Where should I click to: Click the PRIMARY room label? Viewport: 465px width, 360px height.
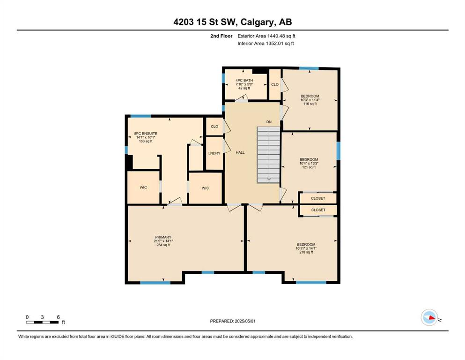[x=163, y=237]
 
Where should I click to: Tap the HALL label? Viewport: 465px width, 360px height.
[x=240, y=152]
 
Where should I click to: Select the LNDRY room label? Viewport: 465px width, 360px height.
[x=214, y=153]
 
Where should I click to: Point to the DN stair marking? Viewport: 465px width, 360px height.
[x=269, y=122]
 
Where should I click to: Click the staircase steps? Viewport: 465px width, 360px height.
[x=268, y=155]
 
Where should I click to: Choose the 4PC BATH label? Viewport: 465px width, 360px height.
[x=244, y=81]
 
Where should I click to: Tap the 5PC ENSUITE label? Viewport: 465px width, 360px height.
[x=146, y=134]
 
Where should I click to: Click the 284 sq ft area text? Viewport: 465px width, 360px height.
[x=163, y=245]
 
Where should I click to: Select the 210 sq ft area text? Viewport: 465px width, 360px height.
[x=306, y=252]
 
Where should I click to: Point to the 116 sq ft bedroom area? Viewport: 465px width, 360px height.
[x=310, y=104]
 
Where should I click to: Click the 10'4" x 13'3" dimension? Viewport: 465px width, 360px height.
[x=309, y=163]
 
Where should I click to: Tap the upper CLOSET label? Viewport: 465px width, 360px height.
[x=318, y=198]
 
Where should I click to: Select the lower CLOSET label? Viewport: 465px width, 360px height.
[x=318, y=210]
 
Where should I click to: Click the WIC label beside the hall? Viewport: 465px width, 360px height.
[x=205, y=188]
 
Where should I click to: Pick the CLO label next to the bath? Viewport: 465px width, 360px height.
[x=275, y=84]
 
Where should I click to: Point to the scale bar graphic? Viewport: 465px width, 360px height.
[x=43, y=322]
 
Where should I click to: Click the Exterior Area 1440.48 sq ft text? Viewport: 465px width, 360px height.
[x=266, y=36]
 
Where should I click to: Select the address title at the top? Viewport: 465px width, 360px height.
[x=233, y=22]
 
